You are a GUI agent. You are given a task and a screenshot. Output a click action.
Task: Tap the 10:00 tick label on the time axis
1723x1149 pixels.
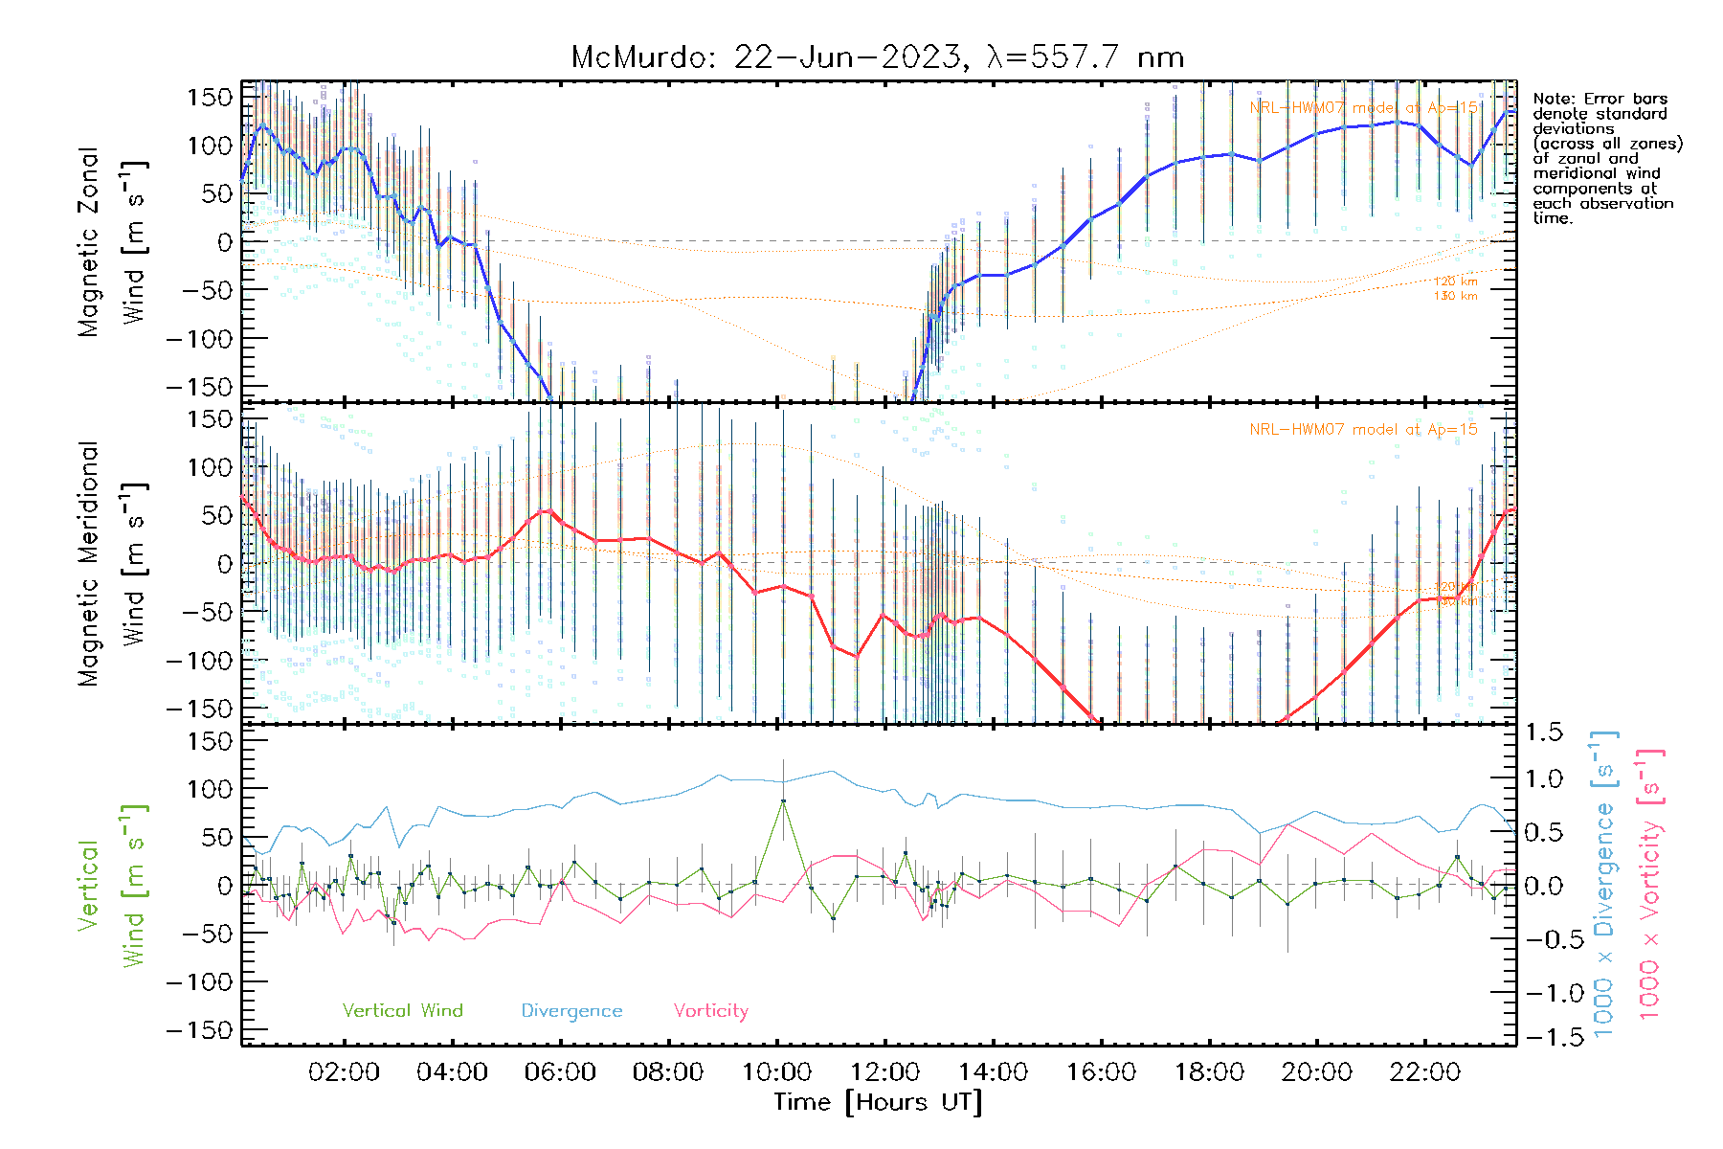click(x=776, y=1072)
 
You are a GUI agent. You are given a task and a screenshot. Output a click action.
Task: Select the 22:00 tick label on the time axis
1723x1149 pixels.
click(x=1424, y=1072)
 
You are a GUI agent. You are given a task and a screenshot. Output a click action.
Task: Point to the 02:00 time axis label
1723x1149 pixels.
click(x=344, y=1072)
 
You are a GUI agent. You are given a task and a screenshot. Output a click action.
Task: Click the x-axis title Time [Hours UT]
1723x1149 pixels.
click(x=878, y=1102)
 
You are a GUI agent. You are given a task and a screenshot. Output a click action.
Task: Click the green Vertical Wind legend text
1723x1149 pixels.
click(x=402, y=1011)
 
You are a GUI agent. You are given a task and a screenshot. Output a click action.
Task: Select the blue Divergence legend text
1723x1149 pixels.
click(x=571, y=1011)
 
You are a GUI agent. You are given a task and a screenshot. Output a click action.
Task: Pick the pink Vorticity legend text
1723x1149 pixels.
click(x=710, y=1011)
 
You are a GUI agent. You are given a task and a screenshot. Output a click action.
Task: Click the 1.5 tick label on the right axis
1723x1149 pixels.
click(x=1544, y=732)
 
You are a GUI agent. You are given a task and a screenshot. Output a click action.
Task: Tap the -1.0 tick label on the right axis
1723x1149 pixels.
click(x=1544, y=994)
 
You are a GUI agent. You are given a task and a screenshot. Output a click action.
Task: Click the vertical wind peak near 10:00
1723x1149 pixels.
click(x=783, y=800)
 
